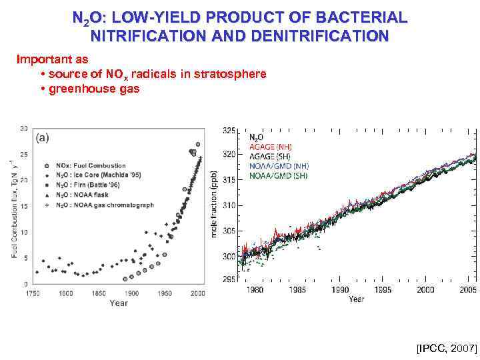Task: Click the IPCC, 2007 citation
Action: click(x=447, y=348)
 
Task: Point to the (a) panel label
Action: click(x=41, y=138)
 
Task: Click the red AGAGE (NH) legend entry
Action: click(x=270, y=147)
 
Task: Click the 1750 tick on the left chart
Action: click(x=31, y=293)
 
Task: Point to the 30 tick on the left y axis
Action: click(x=24, y=128)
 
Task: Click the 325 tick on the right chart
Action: click(x=229, y=129)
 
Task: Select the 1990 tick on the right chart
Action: click(x=340, y=290)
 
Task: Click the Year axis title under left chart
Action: click(x=119, y=303)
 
